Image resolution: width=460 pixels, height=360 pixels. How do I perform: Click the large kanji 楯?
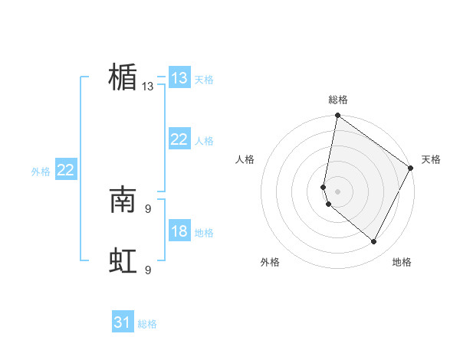tap(123, 77)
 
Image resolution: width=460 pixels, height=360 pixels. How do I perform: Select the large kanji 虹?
tap(123, 261)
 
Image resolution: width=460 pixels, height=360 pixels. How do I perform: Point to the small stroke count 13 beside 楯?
tap(148, 87)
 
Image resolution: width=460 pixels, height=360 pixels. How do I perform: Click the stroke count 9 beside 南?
tap(148, 208)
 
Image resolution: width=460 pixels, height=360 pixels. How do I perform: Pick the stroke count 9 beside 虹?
tap(148, 270)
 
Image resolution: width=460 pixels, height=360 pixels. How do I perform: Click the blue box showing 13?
tap(179, 78)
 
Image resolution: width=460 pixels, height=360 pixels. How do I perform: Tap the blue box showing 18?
tap(179, 231)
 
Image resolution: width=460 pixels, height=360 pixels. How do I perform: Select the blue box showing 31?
tap(123, 323)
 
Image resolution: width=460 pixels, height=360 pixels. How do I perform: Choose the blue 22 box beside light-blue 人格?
tap(179, 139)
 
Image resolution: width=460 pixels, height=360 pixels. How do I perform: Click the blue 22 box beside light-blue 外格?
tap(66, 170)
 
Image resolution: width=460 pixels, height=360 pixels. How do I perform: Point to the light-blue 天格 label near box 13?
tap(204, 80)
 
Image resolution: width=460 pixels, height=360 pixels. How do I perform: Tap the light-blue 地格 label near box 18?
tap(204, 233)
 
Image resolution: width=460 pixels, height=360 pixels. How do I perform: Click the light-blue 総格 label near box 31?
tap(147, 325)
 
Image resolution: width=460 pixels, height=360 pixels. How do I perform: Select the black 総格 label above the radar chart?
tap(338, 100)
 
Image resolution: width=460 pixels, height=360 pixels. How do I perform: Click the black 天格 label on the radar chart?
tap(431, 159)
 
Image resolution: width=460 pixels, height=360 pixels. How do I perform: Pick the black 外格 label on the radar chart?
tap(270, 263)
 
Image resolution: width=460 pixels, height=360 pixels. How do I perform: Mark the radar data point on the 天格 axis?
tap(411, 169)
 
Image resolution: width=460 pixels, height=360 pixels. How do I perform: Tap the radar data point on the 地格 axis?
tap(374, 242)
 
